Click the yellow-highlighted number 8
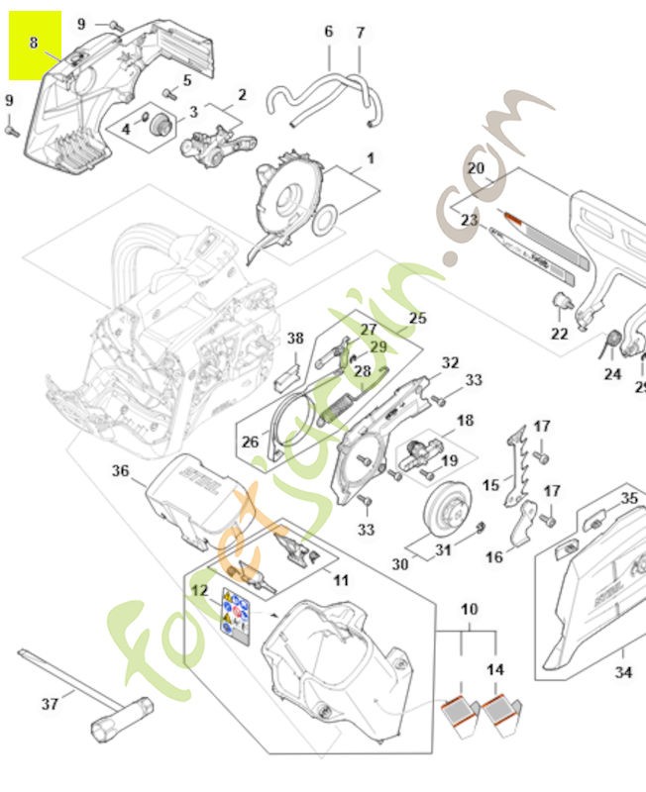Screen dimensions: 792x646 point(35,44)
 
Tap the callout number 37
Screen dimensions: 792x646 point(50,704)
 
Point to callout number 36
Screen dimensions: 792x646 point(120,472)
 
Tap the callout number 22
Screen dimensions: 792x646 point(560,334)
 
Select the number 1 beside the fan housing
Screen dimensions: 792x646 point(371,157)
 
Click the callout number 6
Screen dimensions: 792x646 point(329,32)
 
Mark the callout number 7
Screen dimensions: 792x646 point(361,32)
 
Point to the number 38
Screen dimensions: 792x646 point(295,339)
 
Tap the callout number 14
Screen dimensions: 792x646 point(495,670)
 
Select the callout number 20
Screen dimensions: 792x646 point(477,167)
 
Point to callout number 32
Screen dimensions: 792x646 point(451,362)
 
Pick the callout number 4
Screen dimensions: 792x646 point(126,129)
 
